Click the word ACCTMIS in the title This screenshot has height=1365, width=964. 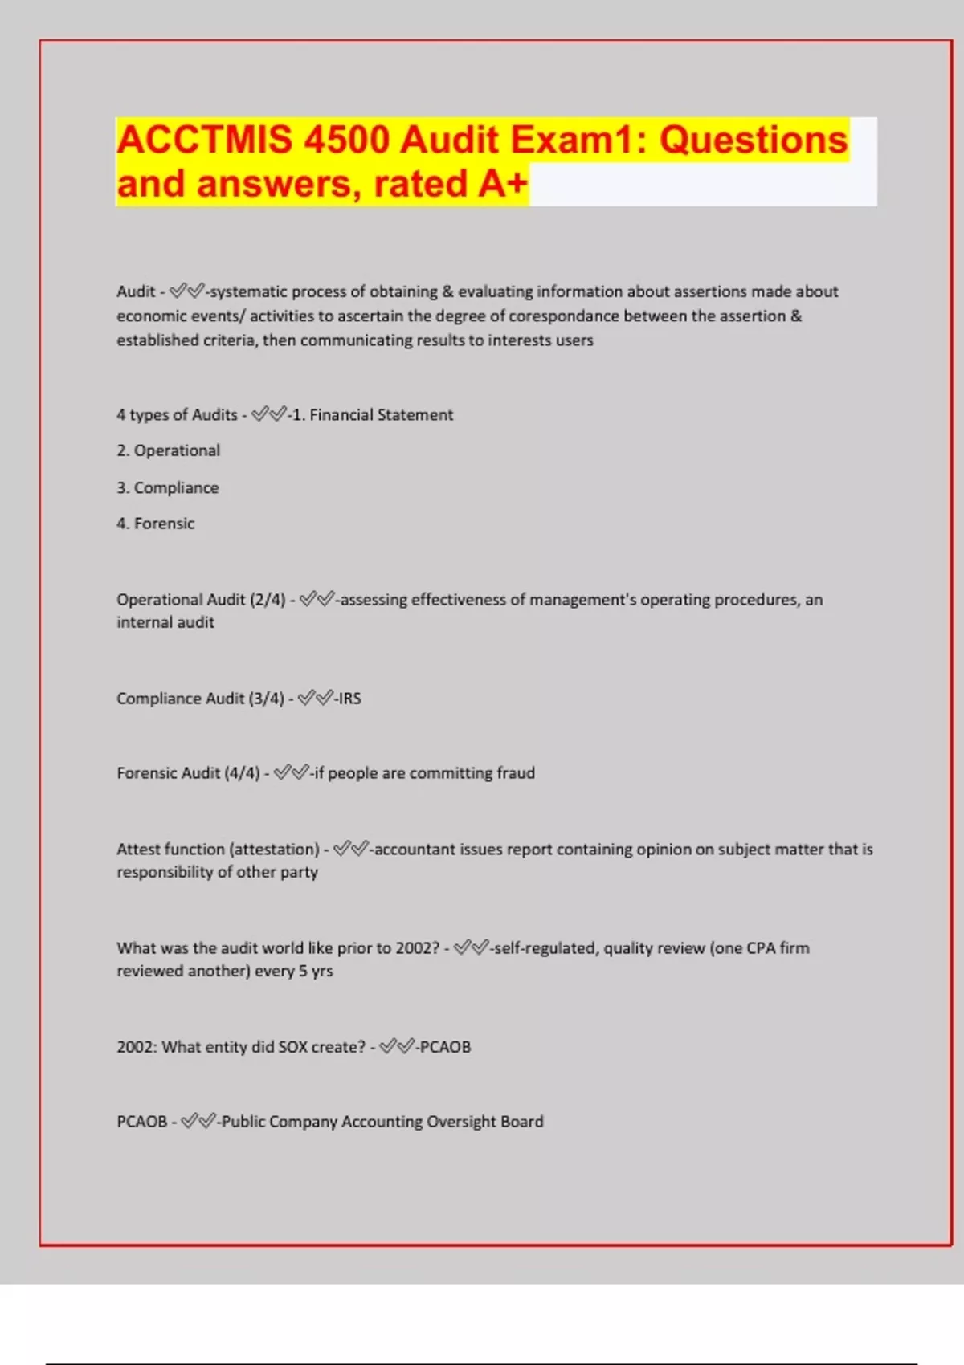point(204,140)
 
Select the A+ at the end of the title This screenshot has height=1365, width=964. point(503,184)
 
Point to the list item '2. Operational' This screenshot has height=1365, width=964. point(168,450)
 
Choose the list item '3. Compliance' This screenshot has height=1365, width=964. point(167,487)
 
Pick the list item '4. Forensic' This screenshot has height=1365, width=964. point(155,524)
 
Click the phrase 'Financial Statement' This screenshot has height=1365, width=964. point(381,415)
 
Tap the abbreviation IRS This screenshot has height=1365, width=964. point(349,699)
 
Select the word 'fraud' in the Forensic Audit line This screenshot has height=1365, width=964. point(515,773)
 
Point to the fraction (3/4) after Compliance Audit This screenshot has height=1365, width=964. point(266,699)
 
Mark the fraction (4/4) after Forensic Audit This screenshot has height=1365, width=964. point(242,773)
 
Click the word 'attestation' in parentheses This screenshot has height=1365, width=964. point(274,849)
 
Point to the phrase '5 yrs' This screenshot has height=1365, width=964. point(316,971)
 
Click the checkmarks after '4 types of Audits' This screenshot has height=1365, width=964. point(268,414)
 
